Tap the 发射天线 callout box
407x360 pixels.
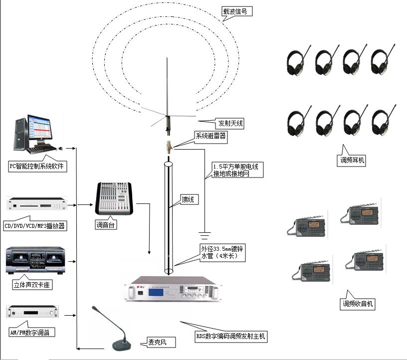coord(231,123)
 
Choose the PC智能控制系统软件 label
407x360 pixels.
coord(37,166)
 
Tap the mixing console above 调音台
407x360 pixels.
coord(114,198)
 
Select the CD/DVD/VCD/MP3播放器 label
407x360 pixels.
coord(34,225)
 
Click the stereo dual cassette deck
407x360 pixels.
coord(35,261)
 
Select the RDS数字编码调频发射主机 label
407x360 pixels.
coord(230,337)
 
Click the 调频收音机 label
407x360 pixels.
coord(357,303)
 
